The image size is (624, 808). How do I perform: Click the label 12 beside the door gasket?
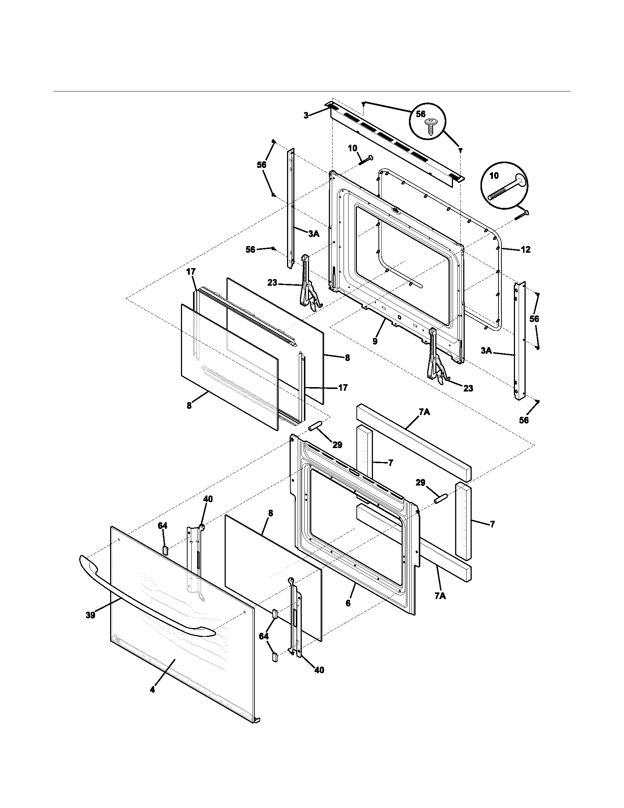tap(525, 250)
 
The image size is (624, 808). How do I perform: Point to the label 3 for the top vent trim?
tap(306, 116)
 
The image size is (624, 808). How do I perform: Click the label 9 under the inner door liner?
tap(375, 341)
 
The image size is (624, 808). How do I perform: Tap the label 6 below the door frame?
tap(348, 603)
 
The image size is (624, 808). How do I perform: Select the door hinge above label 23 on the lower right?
tap(435, 355)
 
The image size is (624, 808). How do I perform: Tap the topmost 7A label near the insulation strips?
tap(424, 412)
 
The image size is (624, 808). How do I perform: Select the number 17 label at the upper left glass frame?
tap(191, 272)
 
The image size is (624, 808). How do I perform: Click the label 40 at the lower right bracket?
tap(319, 670)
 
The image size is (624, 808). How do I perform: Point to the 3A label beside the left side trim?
tap(313, 234)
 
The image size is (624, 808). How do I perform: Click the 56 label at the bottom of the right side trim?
tap(524, 420)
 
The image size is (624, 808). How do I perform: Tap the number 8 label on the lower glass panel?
tap(271, 513)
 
